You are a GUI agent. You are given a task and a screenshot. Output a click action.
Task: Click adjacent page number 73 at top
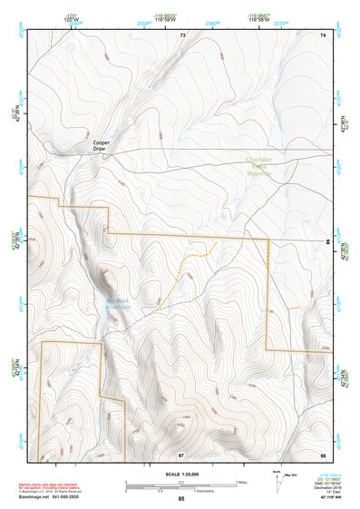pos(181,34)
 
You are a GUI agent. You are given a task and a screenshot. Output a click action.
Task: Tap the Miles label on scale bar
pos(240,482)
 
